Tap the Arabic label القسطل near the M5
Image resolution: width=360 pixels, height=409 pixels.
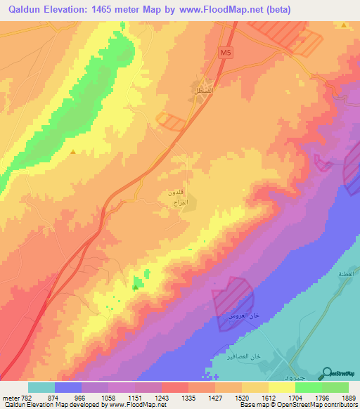click(203, 92)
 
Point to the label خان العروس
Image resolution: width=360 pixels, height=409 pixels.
click(241, 318)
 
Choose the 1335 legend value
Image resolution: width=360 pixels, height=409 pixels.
click(188, 398)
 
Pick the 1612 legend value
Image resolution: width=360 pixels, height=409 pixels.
click(269, 398)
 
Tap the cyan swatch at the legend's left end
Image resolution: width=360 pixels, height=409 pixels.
click(41, 387)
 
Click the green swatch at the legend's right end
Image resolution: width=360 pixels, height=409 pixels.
click(335, 387)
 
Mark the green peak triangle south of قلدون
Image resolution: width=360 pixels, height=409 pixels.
click(135, 286)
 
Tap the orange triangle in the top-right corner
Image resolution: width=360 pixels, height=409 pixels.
click(343, 25)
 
